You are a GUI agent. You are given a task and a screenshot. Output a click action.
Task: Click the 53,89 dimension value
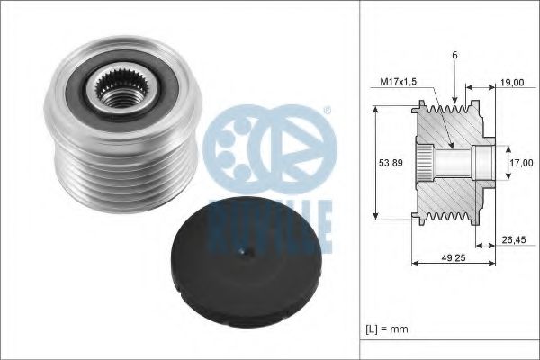tap(391, 163)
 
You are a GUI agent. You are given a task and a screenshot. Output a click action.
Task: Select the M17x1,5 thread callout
tap(399, 82)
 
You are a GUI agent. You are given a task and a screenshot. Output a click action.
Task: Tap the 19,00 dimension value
tap(512, 83)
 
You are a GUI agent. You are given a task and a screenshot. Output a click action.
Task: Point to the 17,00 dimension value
tap(521, 163)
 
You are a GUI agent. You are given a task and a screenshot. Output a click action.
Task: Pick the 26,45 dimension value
tap(514, 239)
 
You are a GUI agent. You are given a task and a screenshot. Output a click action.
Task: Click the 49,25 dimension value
tap(454, 257)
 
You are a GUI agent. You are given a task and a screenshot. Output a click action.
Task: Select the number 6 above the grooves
tap(454, 55)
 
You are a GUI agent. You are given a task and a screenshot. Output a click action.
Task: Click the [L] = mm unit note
tap(387, 329)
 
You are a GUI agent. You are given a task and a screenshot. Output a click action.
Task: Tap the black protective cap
tap(246, 263)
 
